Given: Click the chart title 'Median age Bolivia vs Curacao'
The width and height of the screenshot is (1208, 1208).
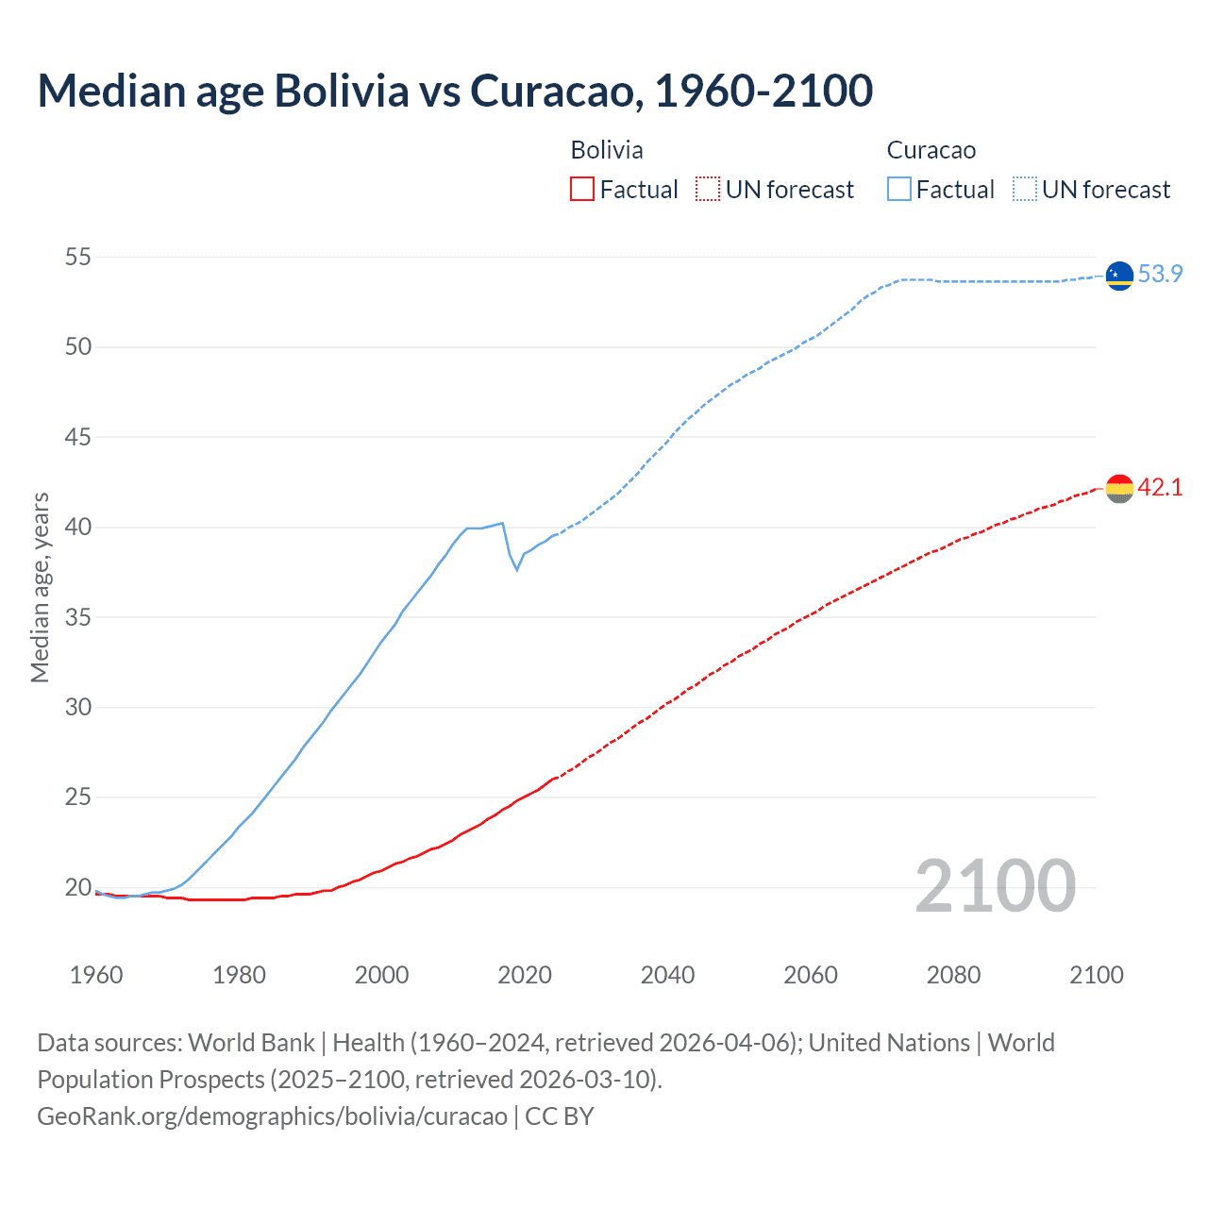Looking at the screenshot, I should tap(455, 91).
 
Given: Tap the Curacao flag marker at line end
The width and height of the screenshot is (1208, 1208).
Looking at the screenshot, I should tap(1119, 275).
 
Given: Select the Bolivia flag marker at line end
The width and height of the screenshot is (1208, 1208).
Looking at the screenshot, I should tap(1119, 488).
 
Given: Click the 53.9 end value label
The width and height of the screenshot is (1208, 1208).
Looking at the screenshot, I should tap(1160, 274).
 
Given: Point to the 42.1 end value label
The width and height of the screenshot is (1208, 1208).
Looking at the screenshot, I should tap(1160, 487).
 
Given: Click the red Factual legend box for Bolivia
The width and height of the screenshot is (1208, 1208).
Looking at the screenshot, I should tap(582, 190).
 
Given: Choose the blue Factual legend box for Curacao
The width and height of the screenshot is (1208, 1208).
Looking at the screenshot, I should tap(898, 190).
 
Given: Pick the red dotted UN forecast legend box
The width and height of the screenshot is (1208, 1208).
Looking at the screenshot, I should tap(708, 190).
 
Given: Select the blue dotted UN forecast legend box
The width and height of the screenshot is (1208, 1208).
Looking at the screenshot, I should tap(1024, 190).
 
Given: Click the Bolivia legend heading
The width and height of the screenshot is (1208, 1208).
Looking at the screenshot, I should tap(607, 150).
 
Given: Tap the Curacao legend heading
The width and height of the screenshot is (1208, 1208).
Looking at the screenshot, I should tap(931, 150).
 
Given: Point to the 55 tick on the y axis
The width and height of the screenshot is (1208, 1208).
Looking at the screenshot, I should tap(78, 257).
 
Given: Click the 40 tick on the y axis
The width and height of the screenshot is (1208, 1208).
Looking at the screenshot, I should tap(78, 527).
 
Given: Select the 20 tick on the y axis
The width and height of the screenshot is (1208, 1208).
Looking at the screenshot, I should tap(78, 887).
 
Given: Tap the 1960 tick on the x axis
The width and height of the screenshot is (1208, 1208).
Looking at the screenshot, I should tap(96, 975).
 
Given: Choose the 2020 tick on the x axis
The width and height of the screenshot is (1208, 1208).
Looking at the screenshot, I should tap(525, 975).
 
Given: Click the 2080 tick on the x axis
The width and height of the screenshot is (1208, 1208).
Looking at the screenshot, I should tap(953, 975).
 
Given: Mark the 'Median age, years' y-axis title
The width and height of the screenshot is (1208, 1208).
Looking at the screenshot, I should tap(40, 587).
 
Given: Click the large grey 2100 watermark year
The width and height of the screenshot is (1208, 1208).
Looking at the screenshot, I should tap(995, 885).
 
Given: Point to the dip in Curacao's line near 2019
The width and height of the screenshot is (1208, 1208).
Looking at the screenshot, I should tap(516, 569).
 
